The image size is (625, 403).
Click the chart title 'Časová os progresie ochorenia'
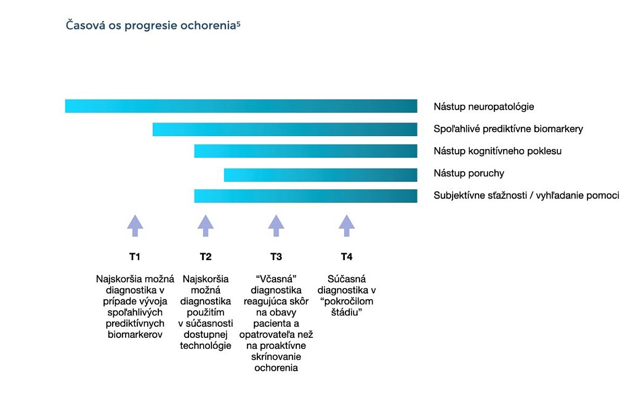(x=151, y=26)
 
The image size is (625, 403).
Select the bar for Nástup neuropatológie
(x=241, y=106)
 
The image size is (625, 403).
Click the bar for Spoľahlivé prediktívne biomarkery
(x=285, y=129)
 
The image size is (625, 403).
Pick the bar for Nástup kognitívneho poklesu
(x=306, y=151)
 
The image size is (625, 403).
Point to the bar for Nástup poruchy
(x=321, y=175)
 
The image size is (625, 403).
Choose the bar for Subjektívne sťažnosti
(x=306, y=196)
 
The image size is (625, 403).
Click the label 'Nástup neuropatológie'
(x=484, y=107)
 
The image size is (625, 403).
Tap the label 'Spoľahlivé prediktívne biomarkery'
(x=508, y=129)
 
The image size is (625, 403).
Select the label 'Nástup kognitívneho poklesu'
(x=497, y=151)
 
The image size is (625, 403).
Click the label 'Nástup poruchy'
(x=469, y=174)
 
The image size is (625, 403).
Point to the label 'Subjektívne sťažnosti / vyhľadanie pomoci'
(x=526, y=196)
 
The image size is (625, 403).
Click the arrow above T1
(x=135, y=226)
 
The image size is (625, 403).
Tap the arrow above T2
(x=206, y=226)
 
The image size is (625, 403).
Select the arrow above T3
(x=276, y=226)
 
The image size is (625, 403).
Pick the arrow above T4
(x=347, y=226)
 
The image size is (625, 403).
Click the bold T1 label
(x=135, y=257)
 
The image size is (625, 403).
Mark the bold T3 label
(x=276, y=257)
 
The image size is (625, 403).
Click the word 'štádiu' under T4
(x=345, y=312)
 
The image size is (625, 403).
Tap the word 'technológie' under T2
(x=206, y=346)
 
